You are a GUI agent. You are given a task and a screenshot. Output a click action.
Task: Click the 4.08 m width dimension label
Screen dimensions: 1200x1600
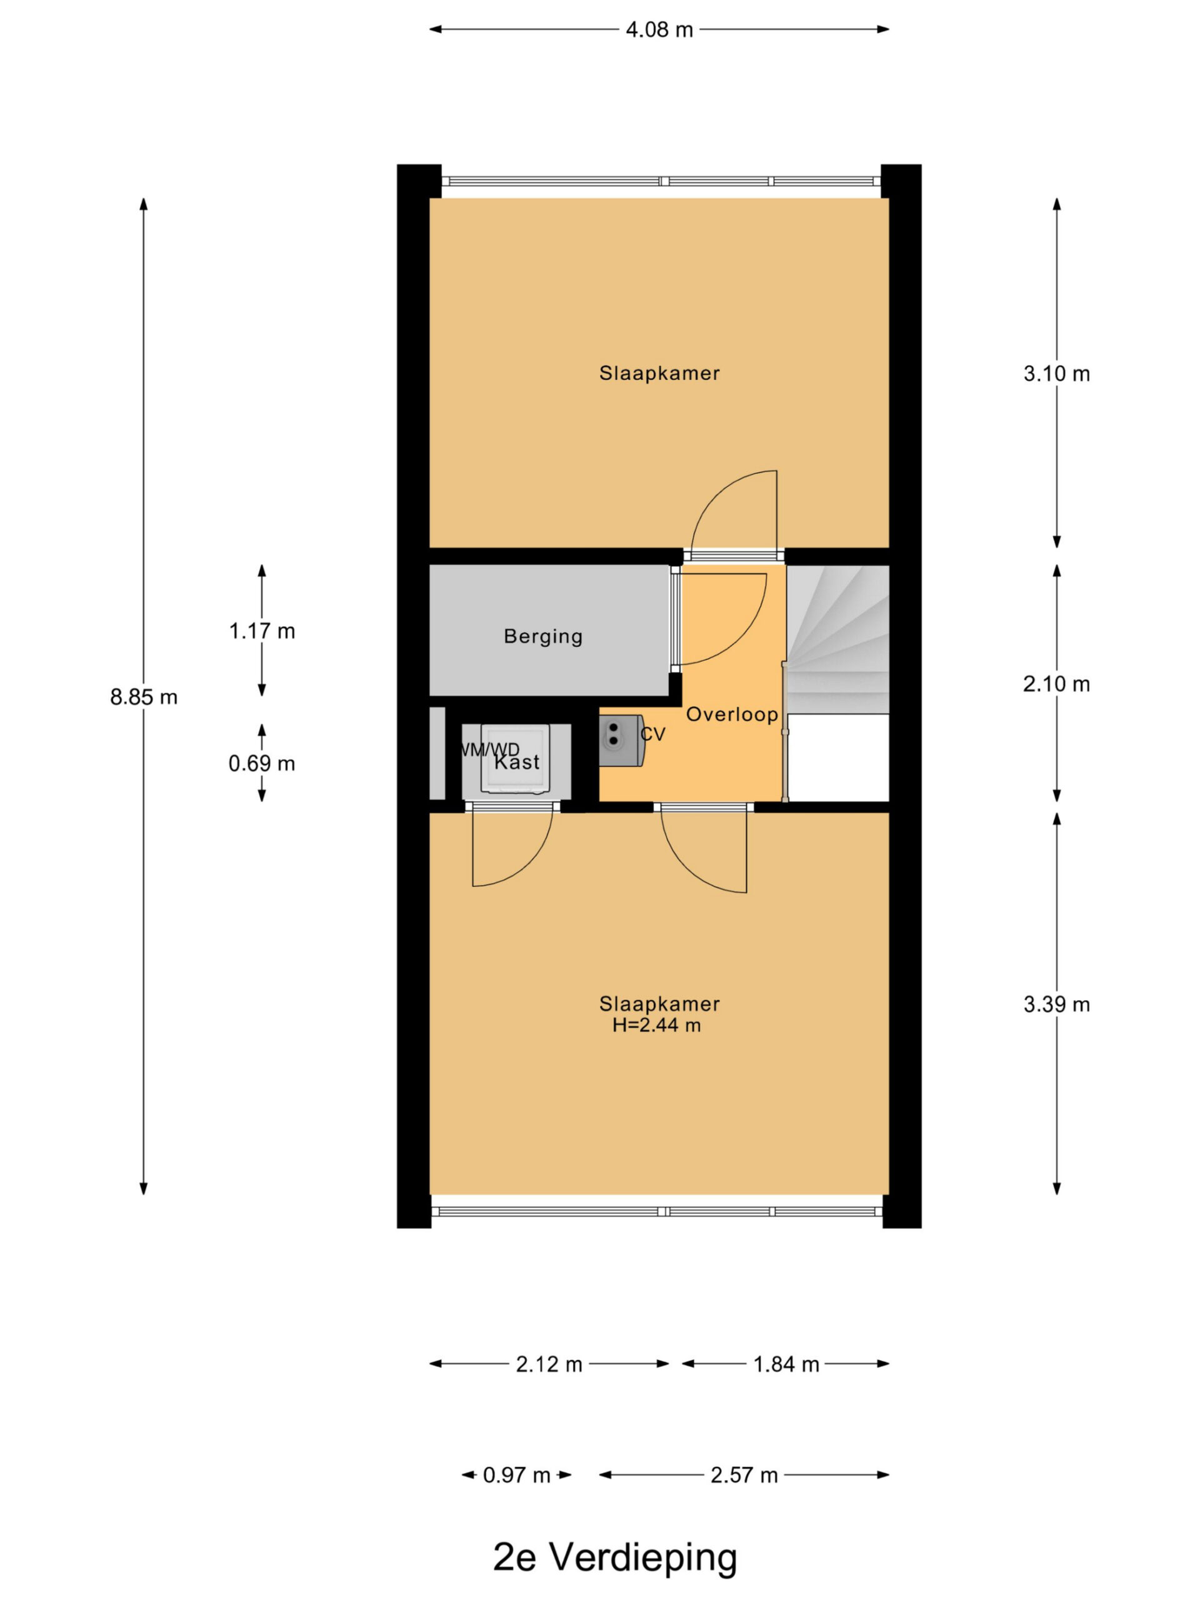(x=659, y=29)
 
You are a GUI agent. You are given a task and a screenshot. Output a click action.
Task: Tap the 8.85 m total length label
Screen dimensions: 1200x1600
(x=143, y=697)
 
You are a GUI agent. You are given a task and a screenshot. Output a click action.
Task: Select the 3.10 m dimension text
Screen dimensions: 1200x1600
(x=1056, y=374)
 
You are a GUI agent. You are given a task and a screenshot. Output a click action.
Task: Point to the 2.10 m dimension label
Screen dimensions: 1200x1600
(x=1056, y=684)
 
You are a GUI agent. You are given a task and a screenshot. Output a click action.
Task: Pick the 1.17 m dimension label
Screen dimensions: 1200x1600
(x=262, y=631)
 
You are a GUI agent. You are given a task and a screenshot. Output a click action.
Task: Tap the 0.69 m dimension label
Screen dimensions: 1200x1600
(x=262, y=764)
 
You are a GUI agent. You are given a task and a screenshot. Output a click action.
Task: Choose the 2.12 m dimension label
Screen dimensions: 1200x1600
(x=549, y=1365)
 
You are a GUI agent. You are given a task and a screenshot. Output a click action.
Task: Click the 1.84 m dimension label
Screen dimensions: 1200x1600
(x=786, y=1365)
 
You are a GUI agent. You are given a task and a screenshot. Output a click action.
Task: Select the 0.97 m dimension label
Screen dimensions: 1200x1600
(x=516, y=1476)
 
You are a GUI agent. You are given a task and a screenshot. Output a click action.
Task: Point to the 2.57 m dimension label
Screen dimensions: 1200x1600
(x=744, y=1476)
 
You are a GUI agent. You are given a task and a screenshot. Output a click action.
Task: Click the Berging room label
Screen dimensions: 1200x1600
(x=543, y=636)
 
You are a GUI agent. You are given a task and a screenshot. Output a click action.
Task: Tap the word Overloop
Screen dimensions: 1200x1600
(x=732, y=714)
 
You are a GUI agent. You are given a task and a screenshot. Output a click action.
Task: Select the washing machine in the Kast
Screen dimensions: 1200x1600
(x=516, y=759)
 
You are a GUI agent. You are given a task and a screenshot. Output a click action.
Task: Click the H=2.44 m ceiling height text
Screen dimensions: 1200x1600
(x=657, y=1026)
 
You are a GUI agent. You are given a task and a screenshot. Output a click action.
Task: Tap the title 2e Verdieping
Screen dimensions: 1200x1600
(x=615, y=1557)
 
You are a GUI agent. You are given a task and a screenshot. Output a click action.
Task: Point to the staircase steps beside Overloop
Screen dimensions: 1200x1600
(x=837, y=639)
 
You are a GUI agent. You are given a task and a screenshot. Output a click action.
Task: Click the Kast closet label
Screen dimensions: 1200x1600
(x=517, y=762)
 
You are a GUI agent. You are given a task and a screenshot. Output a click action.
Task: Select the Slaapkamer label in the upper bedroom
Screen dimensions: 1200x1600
(x=659, y=374)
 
